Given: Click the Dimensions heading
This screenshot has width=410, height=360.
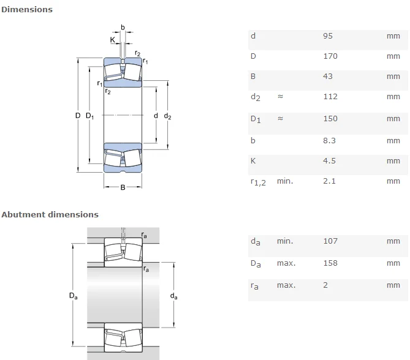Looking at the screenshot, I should pos(27,9).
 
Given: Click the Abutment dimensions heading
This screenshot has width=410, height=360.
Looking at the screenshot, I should pos(50,214).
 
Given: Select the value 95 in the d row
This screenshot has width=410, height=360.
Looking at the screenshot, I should pos(327,36).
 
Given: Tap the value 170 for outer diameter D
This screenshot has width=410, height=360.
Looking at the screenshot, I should pos(330,56).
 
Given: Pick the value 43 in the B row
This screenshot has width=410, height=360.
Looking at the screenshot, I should pos(327,77).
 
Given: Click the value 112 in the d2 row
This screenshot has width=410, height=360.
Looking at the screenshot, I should pos(330,97).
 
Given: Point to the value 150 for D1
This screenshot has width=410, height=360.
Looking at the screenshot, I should pos(330,119).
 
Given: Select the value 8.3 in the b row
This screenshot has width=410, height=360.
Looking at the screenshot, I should pos(328,140).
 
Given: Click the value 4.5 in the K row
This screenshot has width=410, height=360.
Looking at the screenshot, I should pos(328,161).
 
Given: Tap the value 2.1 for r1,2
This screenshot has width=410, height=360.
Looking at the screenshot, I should pos(328,181).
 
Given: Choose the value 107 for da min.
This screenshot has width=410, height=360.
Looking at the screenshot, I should pos(330,241).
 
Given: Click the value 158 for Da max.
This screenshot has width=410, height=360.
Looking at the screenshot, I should pos(330,263).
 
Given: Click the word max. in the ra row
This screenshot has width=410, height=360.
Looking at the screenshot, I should pos(286,285).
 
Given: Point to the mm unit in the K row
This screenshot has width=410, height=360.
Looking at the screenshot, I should pos(393,161).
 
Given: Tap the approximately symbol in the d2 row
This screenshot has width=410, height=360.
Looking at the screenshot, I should pos(281,97).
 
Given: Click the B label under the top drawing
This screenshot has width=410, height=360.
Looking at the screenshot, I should pos(122,187).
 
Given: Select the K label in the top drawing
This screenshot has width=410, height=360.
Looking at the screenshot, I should pos(113,40).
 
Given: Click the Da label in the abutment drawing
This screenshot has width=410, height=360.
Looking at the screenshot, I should pos(74,296).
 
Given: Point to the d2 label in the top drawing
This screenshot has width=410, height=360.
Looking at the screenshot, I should pos(167,116).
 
